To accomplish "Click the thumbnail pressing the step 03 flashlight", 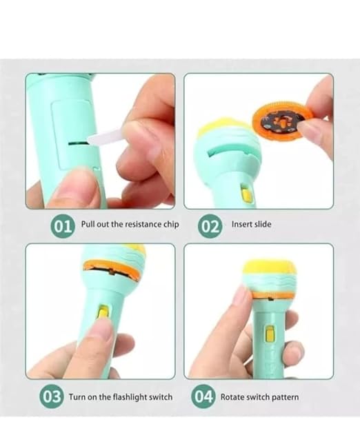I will click(x=101, y=330).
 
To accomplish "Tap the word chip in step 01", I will click(x=169, y=225).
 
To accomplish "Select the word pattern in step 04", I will click(x=284, y=397).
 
